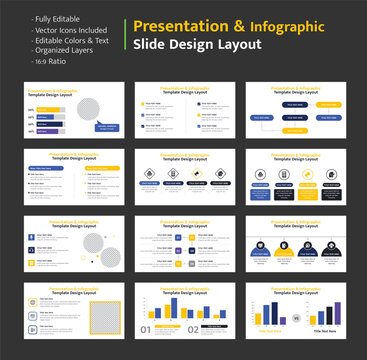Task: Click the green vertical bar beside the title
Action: pos(126,35)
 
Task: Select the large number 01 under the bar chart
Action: pos(147,329)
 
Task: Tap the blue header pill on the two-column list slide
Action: pos(50,167)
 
